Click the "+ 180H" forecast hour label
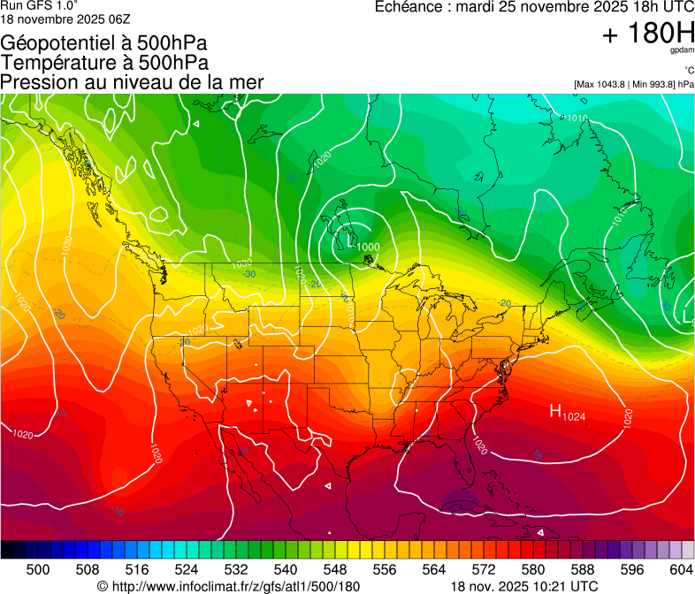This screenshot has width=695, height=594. [647, 34]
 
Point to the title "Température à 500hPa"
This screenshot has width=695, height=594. [104, 63]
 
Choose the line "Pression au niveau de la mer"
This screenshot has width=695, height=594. [132, 82]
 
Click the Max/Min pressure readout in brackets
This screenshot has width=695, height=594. [633, 85]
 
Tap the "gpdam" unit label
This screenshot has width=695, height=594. [681, 52]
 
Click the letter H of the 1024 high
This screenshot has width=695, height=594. [556, 410]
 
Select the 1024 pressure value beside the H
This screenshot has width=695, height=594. [575, 415]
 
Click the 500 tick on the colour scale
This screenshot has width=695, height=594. [38, 570]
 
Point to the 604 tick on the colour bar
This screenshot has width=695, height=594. [681, 570]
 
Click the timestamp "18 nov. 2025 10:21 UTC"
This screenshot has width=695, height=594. [524, 586]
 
